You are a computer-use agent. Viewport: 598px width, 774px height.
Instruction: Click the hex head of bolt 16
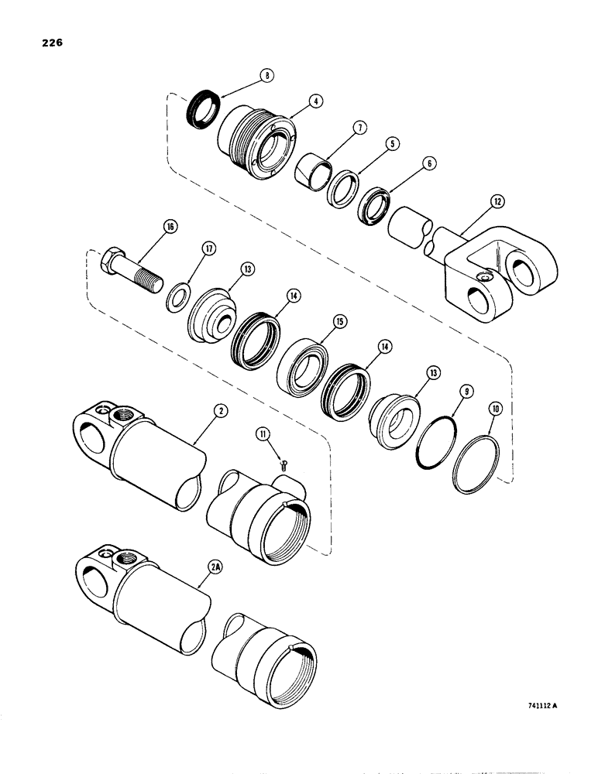click(115, 261)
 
